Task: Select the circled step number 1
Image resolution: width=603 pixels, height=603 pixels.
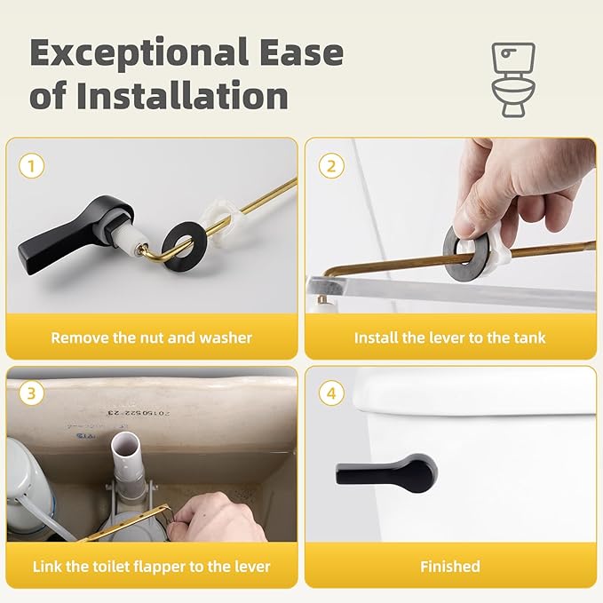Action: click(32, 165)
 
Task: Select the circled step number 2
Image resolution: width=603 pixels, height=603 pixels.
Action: click(331, 165)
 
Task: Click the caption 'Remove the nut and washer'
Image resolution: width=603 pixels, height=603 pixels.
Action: click(151, 337)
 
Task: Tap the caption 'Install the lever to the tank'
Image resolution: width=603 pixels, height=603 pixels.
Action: click(449, 337)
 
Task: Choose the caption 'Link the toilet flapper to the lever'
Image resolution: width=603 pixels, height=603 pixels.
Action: click(151, 566)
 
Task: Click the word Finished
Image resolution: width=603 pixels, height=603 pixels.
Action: click(449, 566)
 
